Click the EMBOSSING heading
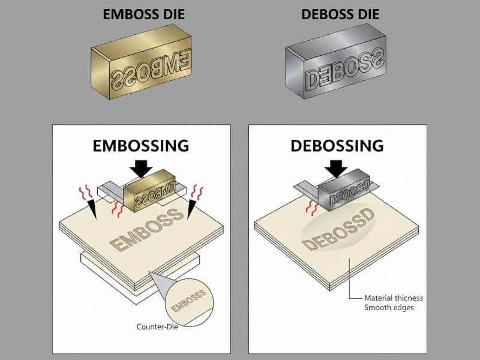[x=140, y=145]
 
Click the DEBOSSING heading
[x=337, y=145]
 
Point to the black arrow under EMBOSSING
[x=141, y=168]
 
